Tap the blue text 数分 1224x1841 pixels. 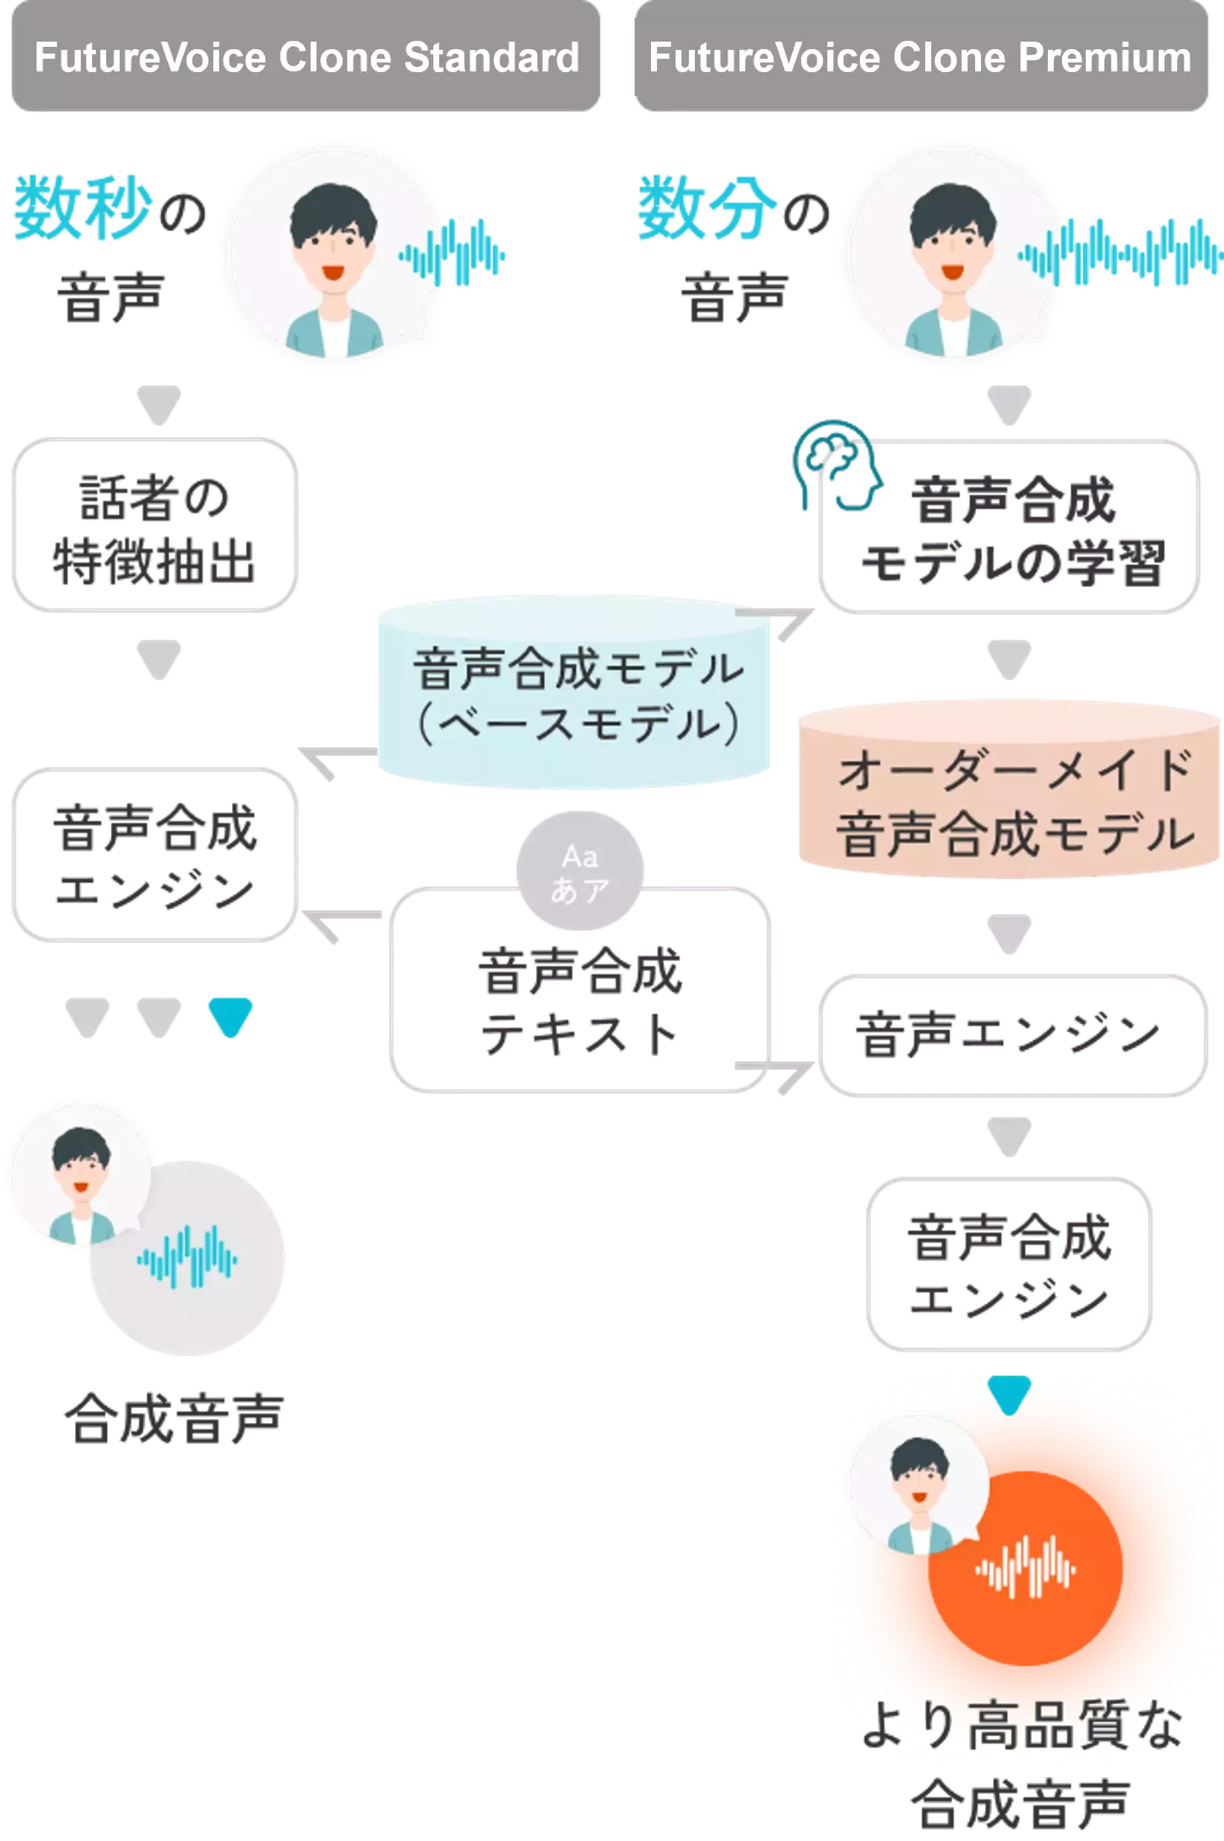coord(707,208)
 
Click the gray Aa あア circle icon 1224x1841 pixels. coord(579,871)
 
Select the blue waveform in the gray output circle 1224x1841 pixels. coord(187,1258)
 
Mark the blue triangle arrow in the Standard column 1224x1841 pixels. coord(230,1015)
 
